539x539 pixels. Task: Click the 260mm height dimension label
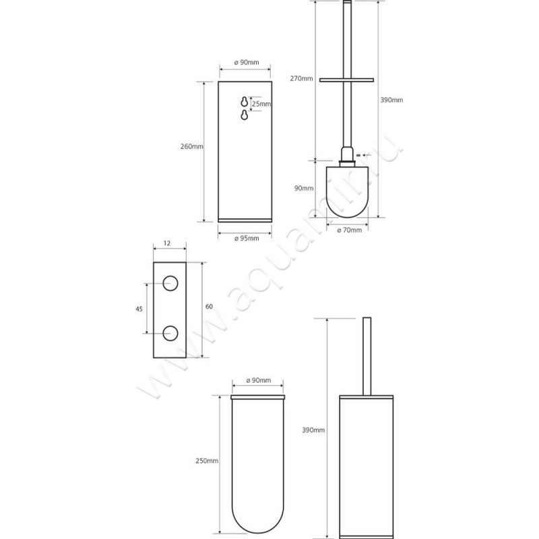[192, 146]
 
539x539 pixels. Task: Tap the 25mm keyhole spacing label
[261, 104]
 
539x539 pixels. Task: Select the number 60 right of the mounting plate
[209, 307]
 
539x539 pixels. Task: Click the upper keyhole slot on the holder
[243, 102]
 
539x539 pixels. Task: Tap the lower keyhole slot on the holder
[243, 117]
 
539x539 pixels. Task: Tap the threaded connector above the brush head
[347, 159]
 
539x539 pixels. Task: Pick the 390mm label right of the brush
[392, 100]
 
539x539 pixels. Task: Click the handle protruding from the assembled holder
[367, 354]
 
